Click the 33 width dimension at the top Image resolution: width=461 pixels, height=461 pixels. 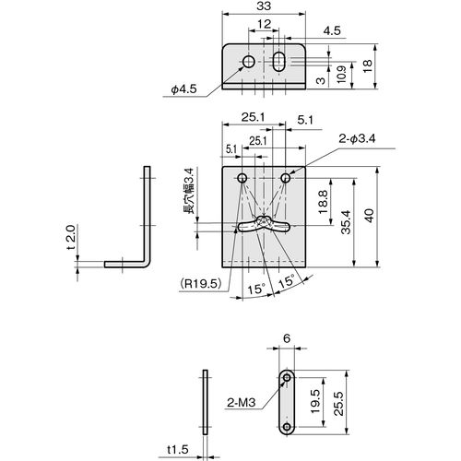[x=264, y=6]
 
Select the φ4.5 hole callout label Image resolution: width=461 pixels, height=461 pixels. [x=183, y=89]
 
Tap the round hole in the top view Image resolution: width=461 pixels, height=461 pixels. [x=249, y=62]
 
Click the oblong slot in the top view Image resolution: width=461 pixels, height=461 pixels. [x=278, y=62]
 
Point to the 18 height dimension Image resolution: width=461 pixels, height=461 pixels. [x=368, y=66]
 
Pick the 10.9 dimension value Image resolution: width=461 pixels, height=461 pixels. [x=341, y=74]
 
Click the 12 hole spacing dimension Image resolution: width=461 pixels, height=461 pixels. [x=265, y=24]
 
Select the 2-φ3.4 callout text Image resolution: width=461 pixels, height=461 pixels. [x=357, y=139]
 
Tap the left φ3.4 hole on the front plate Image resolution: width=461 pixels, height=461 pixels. [x=242, y=178]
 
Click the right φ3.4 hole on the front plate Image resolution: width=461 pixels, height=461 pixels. [x=286, y=178]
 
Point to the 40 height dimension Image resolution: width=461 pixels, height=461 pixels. [x=370, y=216]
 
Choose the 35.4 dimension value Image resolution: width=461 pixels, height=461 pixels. [x=346, y=222]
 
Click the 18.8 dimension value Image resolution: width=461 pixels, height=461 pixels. [x=323, y=202]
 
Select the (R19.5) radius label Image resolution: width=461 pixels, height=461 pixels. [x=201, y=283]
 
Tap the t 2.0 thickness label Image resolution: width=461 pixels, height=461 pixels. [x=71, y=238]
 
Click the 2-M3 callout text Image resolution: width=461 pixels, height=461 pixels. [x=242, y=402]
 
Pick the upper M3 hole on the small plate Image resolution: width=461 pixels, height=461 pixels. [x=287, y=377]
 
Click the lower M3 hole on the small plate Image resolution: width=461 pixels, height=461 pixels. [x=287, y=427]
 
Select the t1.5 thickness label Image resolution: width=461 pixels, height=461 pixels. [x=178, y=450]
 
